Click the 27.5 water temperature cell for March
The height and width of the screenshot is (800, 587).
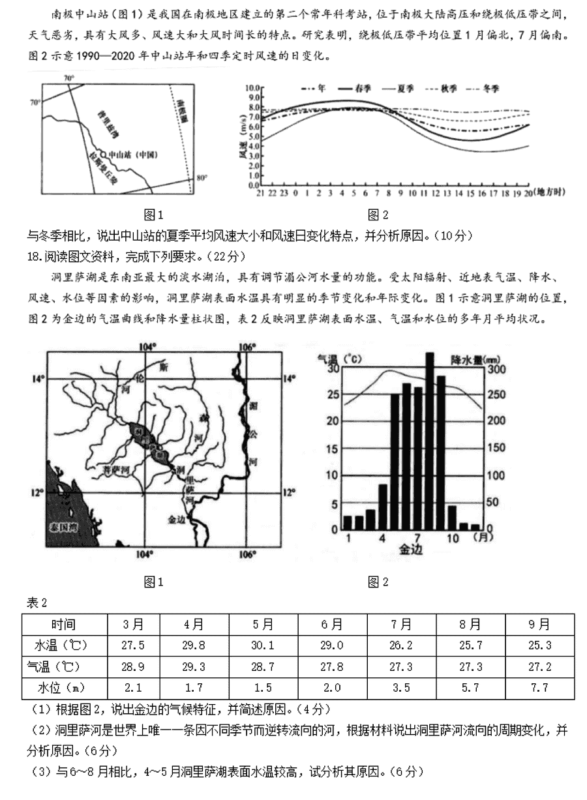click(133, 645)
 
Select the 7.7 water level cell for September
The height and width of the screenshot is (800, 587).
click(539, 687)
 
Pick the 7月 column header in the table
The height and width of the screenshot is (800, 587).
click(401, 624)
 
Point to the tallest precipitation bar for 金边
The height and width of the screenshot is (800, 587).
click(429, 440)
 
